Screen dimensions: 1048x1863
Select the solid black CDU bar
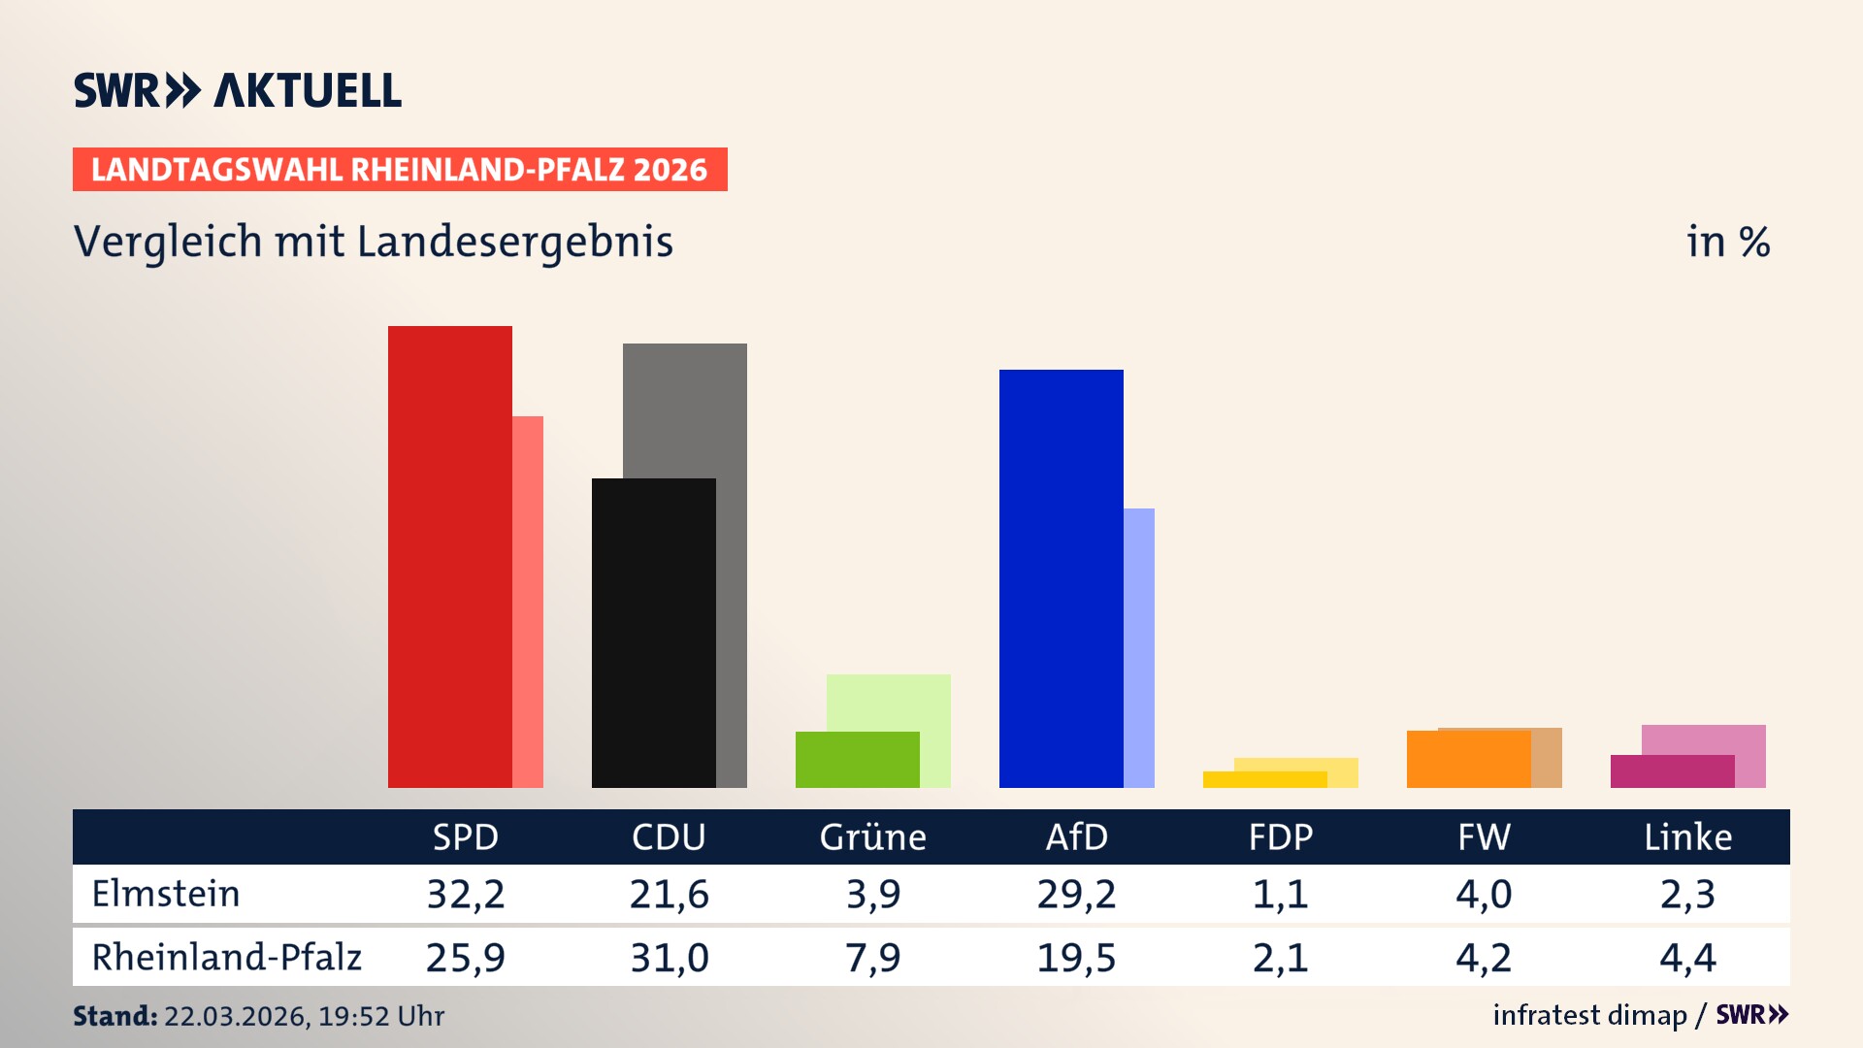[x=653, y=633]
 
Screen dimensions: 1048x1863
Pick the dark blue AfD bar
[x=1061, y=578]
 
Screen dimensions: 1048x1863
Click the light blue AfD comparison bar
[x=1139, y=647]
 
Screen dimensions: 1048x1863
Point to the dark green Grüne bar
[x=857, y=760]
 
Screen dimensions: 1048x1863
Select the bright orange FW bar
[x=1468, y=759]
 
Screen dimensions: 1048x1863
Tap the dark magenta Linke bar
[x=1672, y=771]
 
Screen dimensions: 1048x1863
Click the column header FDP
[x=1280, y=837]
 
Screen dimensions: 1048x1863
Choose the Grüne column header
[x=872, y=837]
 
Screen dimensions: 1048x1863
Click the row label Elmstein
[x=166, y=894]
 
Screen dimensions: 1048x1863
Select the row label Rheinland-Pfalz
[x=226, y=958]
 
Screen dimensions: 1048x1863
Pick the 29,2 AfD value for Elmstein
[x=1076, y=894]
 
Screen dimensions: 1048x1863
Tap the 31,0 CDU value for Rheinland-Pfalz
[x=669, y=958]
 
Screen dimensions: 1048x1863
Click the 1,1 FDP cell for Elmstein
[x=1280, y=894]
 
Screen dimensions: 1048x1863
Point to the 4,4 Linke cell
[x=1687, y=958]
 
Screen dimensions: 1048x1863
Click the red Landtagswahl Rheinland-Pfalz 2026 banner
[x=400, y=170]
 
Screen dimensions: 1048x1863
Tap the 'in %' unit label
[x=1727, y=242]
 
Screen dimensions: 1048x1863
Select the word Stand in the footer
[x=114, y=1016]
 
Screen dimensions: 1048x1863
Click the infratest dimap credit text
[x=1589, y=1015]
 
